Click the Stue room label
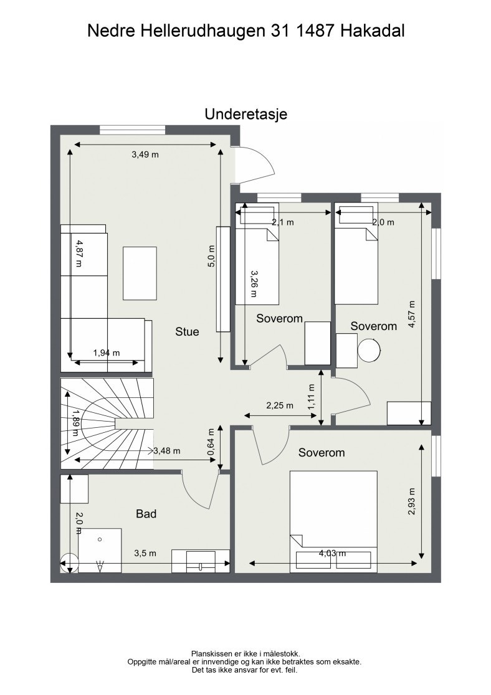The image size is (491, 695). [x=187, y=332]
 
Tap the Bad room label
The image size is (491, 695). [x=146, y=514]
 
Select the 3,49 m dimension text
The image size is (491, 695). [x=145, y=154]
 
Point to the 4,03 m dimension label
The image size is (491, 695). [x=333, y=553]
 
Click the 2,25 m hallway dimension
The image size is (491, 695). [x=279, y=405]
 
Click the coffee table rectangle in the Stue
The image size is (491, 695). [x=140, y=273]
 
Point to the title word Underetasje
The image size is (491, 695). [x=245, y=115]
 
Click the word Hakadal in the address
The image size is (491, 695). [x=373, y=30]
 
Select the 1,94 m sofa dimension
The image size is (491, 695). [x=106, y=353]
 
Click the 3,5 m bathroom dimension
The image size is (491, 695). [x=145, y=553]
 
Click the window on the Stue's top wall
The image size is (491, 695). [x=132, y=130]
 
